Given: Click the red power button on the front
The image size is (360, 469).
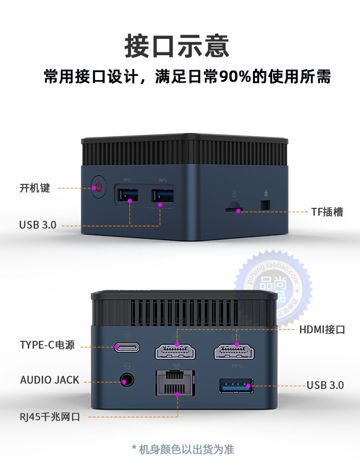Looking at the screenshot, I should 98,186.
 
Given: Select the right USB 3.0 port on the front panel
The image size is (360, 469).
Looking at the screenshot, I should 163,196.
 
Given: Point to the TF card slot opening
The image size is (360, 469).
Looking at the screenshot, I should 234,209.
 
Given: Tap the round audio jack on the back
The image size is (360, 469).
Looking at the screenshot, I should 126,381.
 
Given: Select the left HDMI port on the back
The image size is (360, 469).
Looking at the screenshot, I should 176,352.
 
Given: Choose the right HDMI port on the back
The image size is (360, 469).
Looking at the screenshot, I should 235,352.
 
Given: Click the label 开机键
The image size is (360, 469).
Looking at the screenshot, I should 35,188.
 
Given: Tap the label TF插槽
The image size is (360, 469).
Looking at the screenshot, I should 327,212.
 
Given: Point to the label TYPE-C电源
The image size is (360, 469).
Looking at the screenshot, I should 47,345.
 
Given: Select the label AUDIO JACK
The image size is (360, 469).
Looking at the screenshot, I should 49,380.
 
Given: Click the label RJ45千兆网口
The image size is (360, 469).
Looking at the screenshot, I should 50,417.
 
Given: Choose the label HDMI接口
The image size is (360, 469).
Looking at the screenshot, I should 322,329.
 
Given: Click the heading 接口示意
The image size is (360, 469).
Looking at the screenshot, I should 177,47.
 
